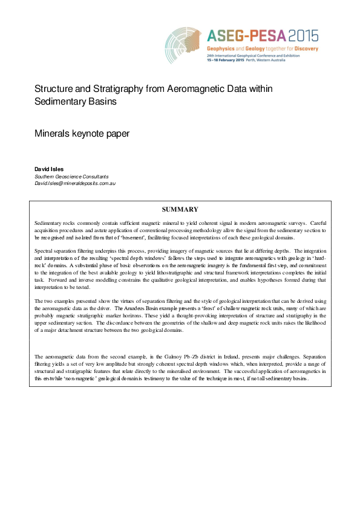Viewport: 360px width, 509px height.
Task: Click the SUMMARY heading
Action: click(180, 209)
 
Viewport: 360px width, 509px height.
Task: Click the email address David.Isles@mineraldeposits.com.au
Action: click(75, 182)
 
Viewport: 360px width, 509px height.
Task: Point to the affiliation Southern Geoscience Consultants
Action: click(71, 175)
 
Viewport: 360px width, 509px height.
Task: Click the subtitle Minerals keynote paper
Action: click(82, 133)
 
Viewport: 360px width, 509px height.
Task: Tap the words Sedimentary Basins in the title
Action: click(75, 102)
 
